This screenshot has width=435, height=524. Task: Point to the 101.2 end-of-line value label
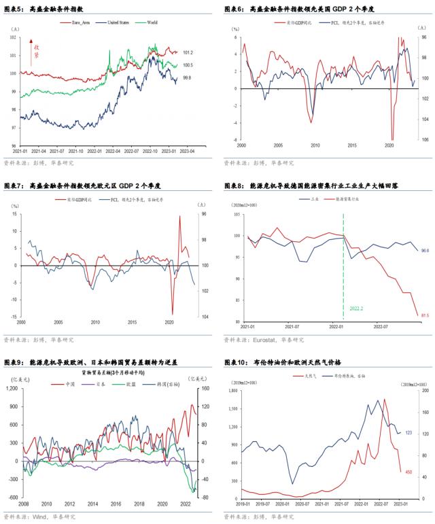coord(188,52)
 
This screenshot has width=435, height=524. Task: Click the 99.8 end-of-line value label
coord(186,78)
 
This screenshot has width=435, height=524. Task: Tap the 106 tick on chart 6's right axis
coord(424,141)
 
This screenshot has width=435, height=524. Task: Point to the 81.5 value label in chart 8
coord(423,315)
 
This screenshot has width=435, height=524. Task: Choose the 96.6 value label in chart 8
coord(424,251)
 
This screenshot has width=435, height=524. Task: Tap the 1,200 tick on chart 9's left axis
coord(12,389)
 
